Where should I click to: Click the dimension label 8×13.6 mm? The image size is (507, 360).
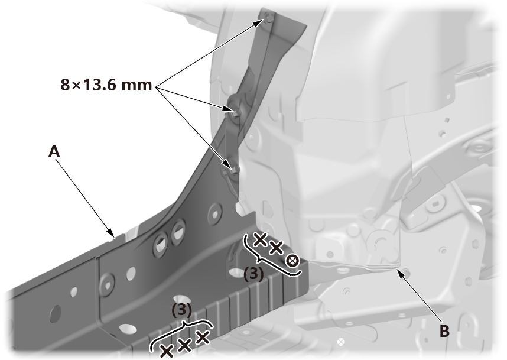point(106,85)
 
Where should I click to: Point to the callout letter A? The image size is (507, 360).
point(54,151)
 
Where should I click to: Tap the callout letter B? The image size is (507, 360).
point(444,331)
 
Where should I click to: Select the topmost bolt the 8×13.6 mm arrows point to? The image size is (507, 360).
point(269,18)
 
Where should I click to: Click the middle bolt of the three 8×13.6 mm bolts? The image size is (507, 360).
point(235,111)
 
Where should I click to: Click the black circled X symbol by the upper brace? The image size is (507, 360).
point(292,260)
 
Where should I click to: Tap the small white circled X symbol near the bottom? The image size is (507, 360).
point(341,342)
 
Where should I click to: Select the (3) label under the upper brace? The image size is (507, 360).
point(253,274)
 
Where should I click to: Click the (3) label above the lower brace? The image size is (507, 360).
point(182,310)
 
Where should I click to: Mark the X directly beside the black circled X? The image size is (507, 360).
point(276,248)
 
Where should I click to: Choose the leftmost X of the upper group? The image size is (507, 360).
point(260,239)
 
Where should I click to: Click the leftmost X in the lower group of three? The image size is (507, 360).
point(167,351)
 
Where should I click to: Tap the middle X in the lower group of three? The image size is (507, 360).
point(184,345)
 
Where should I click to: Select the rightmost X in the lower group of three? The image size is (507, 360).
point(203,338)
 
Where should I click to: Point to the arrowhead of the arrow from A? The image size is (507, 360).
point(111,233)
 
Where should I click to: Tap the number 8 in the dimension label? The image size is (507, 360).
point(65,85)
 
